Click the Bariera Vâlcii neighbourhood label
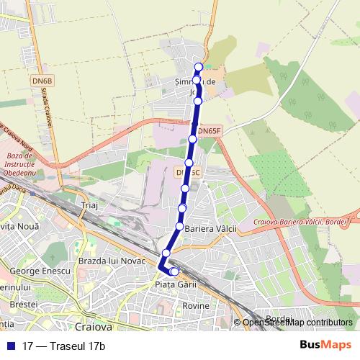click(x=211, y=228)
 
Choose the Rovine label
click(x=196, y=305)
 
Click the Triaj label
click(x=89, y=205)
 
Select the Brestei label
click(x=24, y=305)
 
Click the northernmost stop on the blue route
click(x=199, y=67)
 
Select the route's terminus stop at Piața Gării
click(x=174, y=271)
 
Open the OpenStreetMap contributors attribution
click(x=297, y=323)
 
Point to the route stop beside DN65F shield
click(x=193, y=138)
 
